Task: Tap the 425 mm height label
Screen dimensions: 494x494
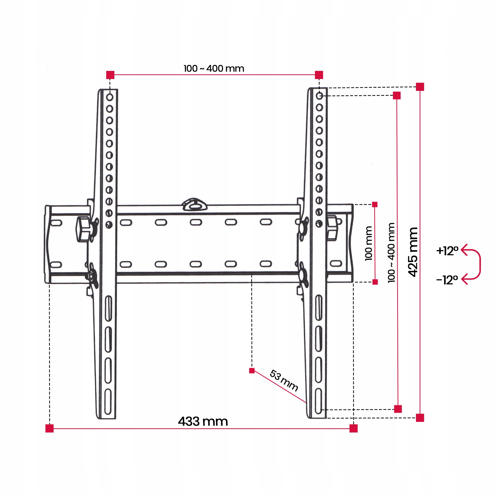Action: pos(413,252)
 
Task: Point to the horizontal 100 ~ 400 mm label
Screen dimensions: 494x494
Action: pos(214,68)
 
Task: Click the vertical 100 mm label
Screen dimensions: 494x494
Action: pos(369,244)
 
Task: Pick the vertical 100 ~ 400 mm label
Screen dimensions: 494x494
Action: pos(391,253)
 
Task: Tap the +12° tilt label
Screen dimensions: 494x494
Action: pos(447,251)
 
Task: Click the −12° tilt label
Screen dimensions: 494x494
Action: pos(447,280)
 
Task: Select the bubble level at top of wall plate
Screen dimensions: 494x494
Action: pos(194,205)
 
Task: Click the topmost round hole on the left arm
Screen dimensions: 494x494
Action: pos(110,97)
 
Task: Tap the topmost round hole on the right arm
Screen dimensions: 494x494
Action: pos(319,96)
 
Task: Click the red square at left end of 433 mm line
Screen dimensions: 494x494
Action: pos(50,428)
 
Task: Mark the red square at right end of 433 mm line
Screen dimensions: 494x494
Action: pos(353,428)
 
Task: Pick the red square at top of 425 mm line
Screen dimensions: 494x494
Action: pos(420,87)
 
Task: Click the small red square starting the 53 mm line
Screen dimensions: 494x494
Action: pos(252,371)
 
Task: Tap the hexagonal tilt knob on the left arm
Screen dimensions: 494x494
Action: pos(82,229)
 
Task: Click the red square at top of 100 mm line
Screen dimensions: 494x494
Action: pos(375,205)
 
